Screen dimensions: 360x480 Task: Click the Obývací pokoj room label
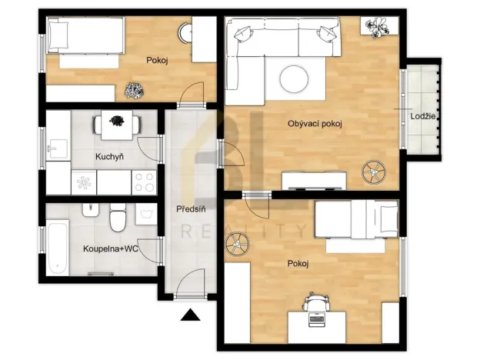coord(315,124)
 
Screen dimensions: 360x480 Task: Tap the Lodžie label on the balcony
coord(424,115)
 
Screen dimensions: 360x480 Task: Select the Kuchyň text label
coord(109,157)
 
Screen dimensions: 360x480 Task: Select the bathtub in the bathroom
coord(58,245)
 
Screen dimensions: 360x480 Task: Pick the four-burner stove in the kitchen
coord(145,182)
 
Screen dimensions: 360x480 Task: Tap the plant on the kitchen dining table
coord(117,121)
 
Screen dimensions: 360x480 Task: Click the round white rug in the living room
coord(297,78)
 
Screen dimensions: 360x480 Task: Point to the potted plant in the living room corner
coord(378,28)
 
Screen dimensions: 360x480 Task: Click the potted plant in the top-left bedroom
coord(134,91)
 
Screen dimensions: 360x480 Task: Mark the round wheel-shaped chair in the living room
coord(374,171)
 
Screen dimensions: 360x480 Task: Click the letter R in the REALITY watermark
coord(184,231)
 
